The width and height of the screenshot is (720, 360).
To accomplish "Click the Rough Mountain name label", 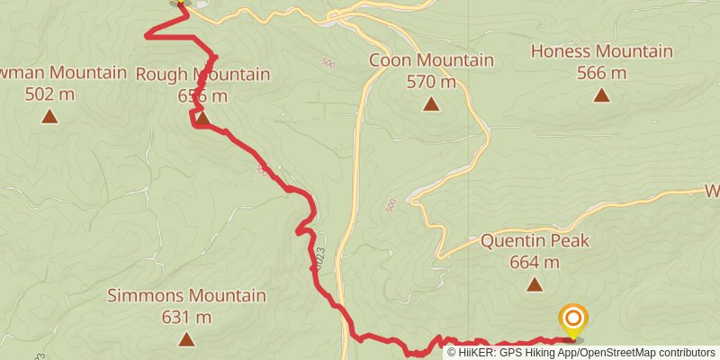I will point(202,74).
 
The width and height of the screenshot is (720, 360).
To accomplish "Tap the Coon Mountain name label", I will point(431,60).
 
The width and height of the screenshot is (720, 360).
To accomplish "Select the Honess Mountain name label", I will point(601,51).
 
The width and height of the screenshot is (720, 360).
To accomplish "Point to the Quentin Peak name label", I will point(535,241).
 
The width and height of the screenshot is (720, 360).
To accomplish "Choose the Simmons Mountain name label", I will point(186,295).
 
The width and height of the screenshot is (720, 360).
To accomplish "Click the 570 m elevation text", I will point(431,82).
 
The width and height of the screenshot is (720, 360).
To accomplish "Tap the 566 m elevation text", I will point(601,73).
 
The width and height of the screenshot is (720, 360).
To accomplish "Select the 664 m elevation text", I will point(535,263).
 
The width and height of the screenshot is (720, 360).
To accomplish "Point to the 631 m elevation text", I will point(186,317).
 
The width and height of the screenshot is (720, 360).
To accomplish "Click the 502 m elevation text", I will point(49,94).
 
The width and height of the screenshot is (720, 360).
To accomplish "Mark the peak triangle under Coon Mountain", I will point(432,105).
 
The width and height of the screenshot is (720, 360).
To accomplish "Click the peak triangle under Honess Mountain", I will point(601,94).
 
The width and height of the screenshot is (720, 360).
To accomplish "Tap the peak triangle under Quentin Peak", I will point(535,285).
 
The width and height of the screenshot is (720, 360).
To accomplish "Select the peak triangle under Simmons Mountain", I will point(186,339).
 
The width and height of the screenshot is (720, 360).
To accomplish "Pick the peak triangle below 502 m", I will point(49,116).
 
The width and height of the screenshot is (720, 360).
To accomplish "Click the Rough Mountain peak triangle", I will point(202,118).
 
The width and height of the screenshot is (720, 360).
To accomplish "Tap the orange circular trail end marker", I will point(573,319).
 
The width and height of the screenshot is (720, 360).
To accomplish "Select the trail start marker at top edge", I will point(181,3).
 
